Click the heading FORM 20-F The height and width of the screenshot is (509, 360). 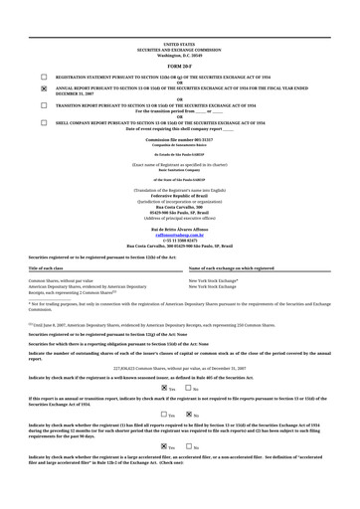click(179, 66)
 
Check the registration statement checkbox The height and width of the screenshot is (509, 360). click(43, 77)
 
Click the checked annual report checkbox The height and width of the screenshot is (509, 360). click(43, 88)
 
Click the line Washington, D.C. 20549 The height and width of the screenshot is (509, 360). click(179, 55)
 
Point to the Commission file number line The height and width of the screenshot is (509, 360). click(179, 140)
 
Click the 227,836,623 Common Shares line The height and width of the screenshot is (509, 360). click(179, 368)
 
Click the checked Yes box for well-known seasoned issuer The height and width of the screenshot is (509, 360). click(164, 388)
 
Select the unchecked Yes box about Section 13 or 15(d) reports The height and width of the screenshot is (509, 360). click(164, 414)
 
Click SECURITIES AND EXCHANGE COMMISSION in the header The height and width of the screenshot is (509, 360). click(179, 50)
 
